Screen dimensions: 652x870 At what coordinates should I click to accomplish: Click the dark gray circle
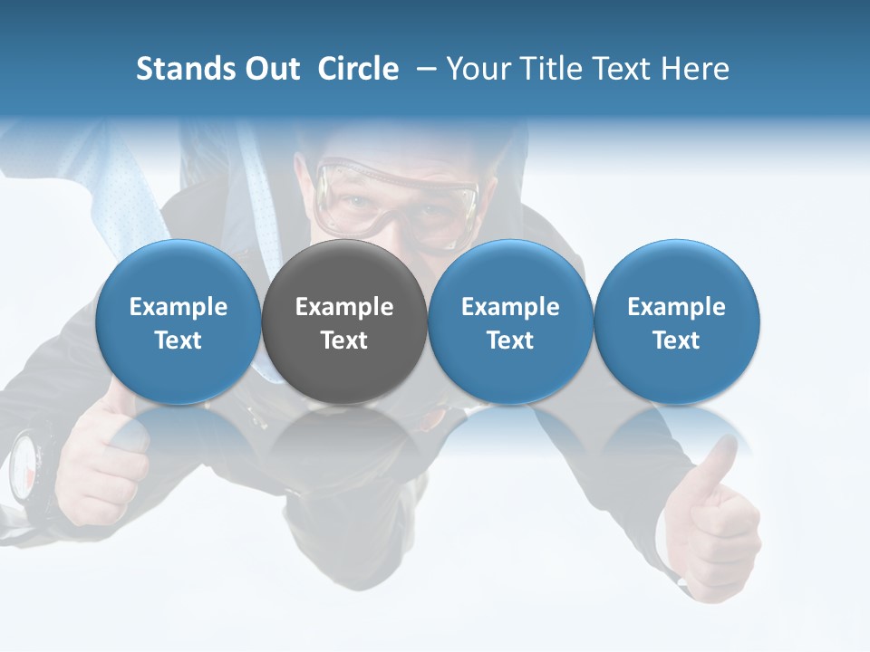344,321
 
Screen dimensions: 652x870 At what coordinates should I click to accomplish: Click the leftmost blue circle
178,321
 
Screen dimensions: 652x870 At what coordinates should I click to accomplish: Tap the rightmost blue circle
676,321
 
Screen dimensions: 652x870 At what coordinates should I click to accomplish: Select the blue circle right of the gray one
510,321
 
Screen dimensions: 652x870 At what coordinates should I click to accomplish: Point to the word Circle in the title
358,69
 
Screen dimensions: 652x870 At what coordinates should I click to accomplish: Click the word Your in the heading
478,69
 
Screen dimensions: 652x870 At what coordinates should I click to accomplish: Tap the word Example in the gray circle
344,307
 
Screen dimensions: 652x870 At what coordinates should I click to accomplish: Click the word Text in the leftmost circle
178,340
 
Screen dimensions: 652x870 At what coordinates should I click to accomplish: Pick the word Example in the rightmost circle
676,307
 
